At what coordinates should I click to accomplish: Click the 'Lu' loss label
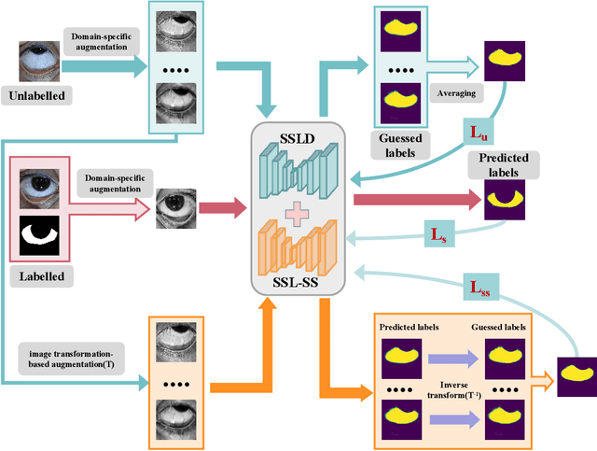click(475, 130)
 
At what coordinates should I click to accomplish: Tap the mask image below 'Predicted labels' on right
click(505, 199)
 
